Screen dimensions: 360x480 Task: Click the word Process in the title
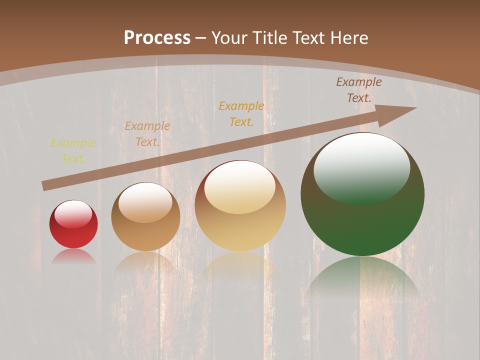coord(157,38)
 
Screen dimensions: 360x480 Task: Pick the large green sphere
coord(362,220)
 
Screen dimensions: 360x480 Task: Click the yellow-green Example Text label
coord(73,151)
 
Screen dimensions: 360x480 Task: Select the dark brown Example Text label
coord(359,90)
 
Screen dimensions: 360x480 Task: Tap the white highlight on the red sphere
coord(73,214)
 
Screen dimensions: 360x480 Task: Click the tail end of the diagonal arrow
coord(46,186)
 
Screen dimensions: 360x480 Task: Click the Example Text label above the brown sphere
coord(147,134)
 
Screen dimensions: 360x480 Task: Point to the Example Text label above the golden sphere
coord(241,113)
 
